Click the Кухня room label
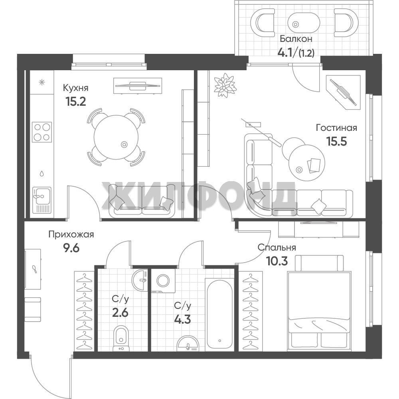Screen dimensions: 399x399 [75, 88]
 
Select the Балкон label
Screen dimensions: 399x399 [296, 39]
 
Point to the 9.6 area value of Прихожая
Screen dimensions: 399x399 [71, 248]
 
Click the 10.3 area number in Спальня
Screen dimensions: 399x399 [277, 261]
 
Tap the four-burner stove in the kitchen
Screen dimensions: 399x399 [42, 132]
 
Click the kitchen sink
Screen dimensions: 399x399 [42, 200]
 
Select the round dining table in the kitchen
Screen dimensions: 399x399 [116, 137]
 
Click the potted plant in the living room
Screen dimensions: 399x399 [225, 85]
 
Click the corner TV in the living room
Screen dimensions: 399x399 [343, 92]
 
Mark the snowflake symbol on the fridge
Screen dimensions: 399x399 [42, 82]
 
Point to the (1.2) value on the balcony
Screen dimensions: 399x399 [306, 53]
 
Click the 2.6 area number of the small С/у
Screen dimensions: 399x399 [120, 312]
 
